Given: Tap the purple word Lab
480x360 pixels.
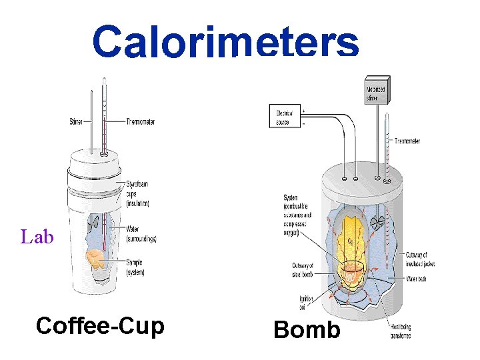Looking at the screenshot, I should coord(37,237).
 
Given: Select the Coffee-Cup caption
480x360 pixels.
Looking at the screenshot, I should coord(100,326).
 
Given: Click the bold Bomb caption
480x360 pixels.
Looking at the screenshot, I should coord(307,330).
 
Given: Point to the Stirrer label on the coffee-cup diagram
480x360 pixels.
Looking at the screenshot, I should coord(77,122).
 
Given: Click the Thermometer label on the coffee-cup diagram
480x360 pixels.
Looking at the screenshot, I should coord(140,122).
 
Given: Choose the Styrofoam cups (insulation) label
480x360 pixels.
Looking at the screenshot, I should coord(137,193).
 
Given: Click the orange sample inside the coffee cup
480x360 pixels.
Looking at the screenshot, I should coord(95,257).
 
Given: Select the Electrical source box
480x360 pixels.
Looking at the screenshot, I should coord(283,118).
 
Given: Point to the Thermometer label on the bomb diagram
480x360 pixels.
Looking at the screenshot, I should coord(407,141).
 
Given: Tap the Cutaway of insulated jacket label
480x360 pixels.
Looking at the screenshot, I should coord(420,259).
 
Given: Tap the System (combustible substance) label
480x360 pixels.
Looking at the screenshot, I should coord(297,213).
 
